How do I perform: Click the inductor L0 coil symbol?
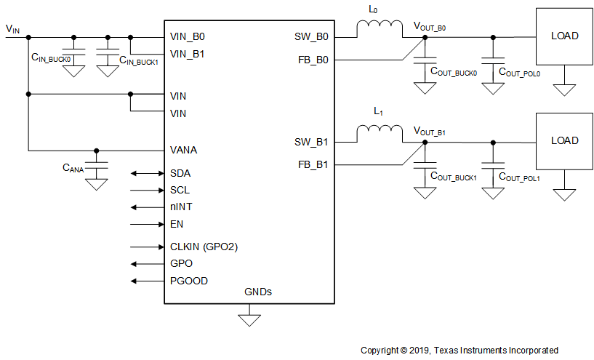pyautogui.click(x=379, y=28)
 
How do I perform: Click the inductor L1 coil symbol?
pyautogui.click(x=379, y=133)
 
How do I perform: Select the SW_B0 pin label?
pyautogui.click(x=312, y=36)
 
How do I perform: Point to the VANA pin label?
pyautogui.click(x=184, y=151)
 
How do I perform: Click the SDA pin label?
pyautogui.click(x=181, y=174)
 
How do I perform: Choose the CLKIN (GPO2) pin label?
pyautogui.click(x=204, y=247)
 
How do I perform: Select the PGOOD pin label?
pyautogui.click(x=188, y=281)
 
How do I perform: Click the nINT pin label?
pyautogui.click(x=181, y=207)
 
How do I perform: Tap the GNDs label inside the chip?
pyautogui.click(x=258, y=292)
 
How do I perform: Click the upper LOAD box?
pyautogui.click(x=565, y=36)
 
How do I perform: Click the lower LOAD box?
pyautogui.click(x=565, y=140)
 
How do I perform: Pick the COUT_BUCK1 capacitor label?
pyautogui.click(x=454, y=177)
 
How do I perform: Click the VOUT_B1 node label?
pyautogui.click(x=429, y=132)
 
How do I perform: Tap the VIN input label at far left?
pyautogui.click(x=13, y=28)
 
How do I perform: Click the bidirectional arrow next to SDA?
pyautogui.click(x=146, y=174)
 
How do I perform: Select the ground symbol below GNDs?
pyautogui.click(x=250, y=319)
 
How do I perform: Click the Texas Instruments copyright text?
pyautogui.click(x=459, y=350)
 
